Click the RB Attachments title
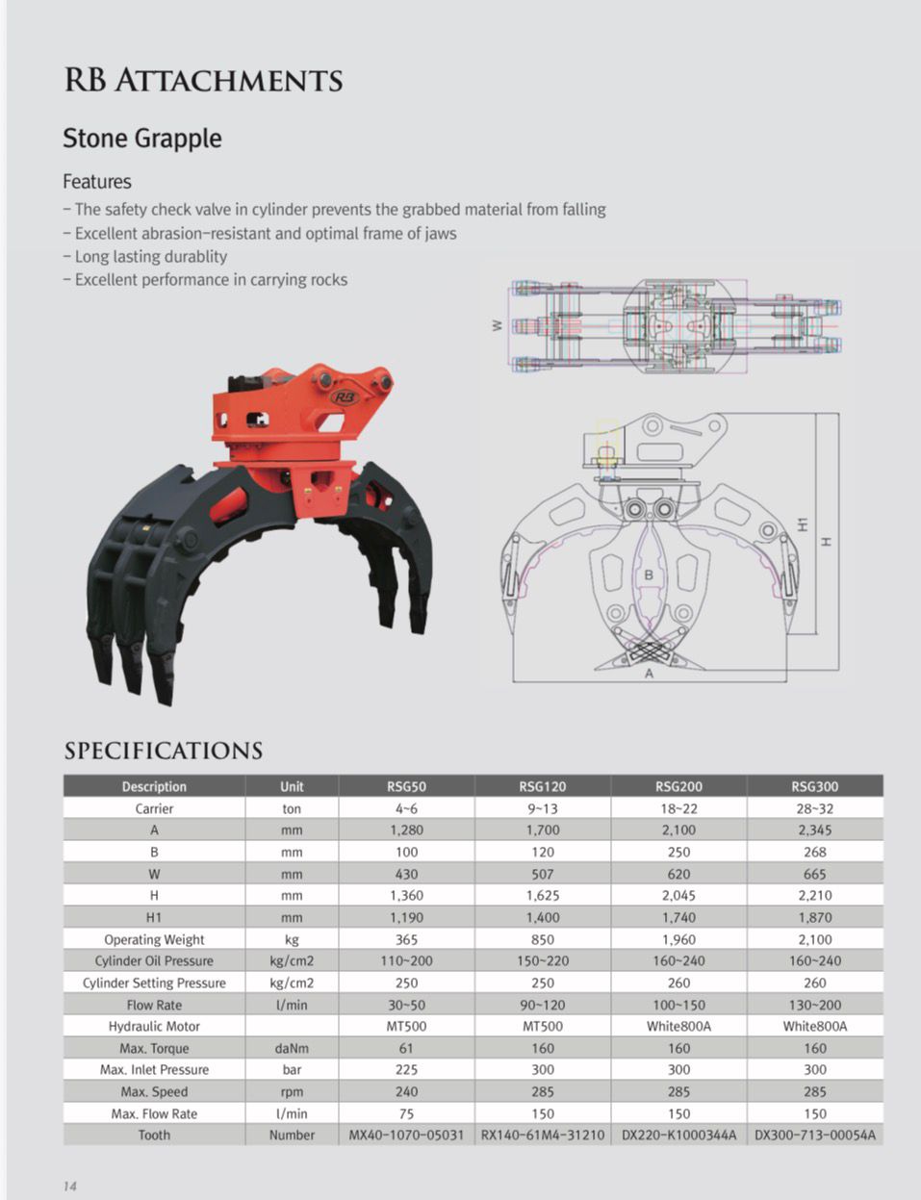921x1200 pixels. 203,80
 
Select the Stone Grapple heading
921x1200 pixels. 142,139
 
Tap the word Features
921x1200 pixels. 97,182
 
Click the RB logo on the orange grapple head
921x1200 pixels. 344,396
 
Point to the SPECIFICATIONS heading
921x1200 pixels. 164,751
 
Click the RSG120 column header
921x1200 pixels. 543,786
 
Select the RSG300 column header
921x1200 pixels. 814,786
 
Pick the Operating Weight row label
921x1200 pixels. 154,939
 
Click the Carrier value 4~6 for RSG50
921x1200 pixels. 406,808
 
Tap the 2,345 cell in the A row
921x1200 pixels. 814,830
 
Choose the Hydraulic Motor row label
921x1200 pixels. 154,1026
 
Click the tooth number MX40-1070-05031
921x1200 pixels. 406,1136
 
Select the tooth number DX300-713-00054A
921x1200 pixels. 814,1136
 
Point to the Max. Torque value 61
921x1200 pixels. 406,1048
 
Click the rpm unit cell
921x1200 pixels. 292,1091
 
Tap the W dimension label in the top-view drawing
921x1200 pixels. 497,325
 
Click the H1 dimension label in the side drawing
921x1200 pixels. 803,523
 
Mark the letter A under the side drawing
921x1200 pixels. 649,674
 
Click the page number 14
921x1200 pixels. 69,1186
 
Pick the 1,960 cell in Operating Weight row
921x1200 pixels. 678,939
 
